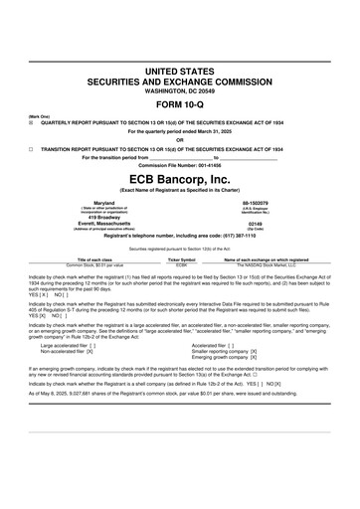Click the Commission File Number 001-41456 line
point(179,164)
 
